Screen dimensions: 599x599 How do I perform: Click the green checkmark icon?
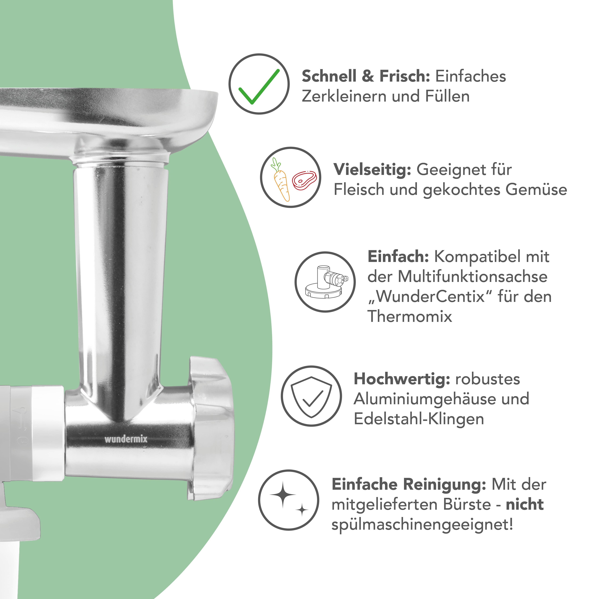coord(259,87)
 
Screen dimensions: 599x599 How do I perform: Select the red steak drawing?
coord(304,180)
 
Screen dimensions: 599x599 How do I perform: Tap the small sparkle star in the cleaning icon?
coord(302,510)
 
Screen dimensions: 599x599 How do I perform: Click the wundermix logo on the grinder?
coord(126,439)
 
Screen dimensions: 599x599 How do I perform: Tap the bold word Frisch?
coord(405,76)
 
